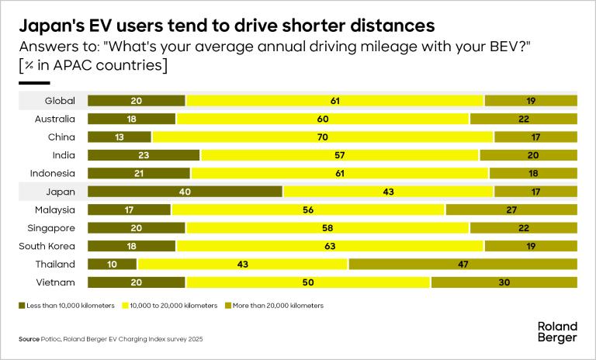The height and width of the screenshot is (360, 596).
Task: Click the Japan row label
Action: pos(60,192)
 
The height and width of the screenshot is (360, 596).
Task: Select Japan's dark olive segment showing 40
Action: pos(185,192)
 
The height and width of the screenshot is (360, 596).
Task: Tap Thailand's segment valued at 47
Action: pos(463,264)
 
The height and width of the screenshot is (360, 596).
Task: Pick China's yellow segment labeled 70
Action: pos(323,137)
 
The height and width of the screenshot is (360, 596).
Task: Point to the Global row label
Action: pos(60,101)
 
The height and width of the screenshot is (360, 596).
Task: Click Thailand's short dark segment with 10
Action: pos(112,264)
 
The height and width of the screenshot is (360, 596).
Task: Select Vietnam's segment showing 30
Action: pos(504,282)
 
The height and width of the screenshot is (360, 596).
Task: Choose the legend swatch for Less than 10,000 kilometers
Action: pos(22,306)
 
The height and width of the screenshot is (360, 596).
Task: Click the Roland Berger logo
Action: pos(558,331)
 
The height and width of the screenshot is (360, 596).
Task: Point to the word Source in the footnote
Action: pos(29,340)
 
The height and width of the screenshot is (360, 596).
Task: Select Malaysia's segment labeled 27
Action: pos(511,209)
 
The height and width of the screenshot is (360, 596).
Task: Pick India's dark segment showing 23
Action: pos(144,155)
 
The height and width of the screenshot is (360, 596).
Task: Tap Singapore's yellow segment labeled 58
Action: pos(327,228)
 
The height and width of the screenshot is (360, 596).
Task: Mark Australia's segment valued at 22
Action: pos(523,119)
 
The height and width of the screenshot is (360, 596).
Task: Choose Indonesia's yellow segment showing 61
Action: pos(339,173)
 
